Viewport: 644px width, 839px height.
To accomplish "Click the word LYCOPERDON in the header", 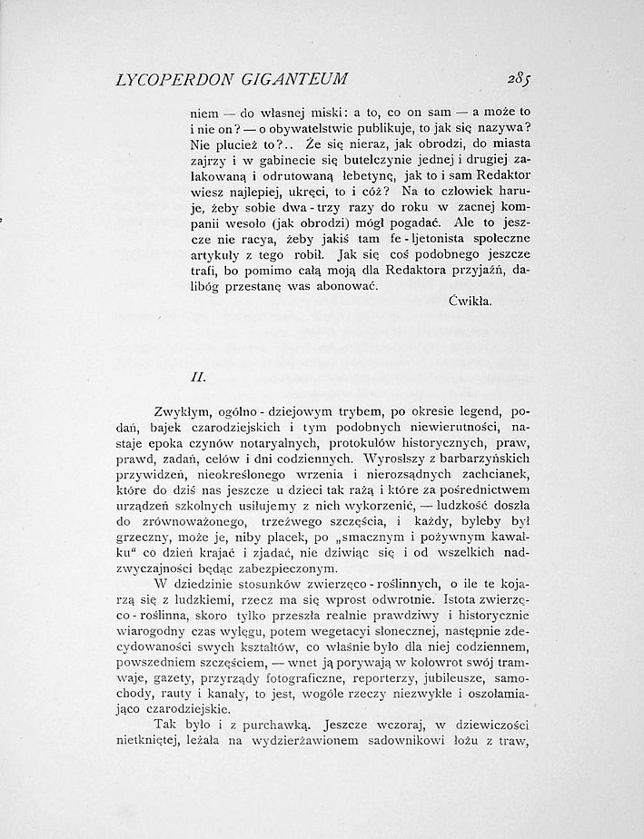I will click(170, 79).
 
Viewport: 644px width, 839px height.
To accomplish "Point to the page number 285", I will click(504, 78).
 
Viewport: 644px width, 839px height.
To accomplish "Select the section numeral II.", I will click(199, 374).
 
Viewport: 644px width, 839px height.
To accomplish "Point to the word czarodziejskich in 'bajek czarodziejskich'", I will click(256, 426).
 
